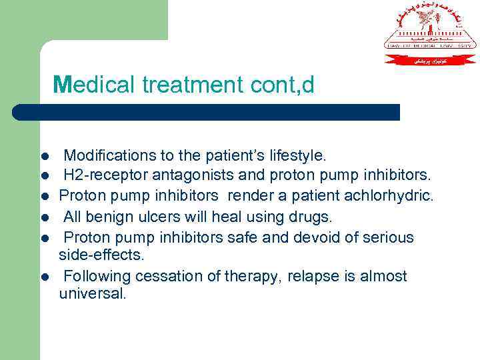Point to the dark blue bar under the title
(x=207, y=112)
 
